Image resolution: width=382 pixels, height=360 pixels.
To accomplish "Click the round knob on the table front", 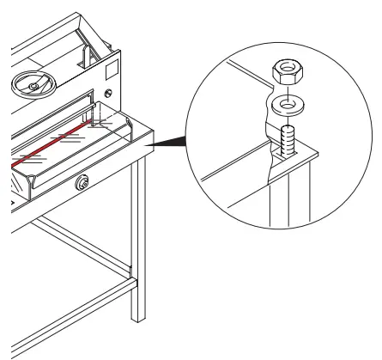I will (x=82, y=181).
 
